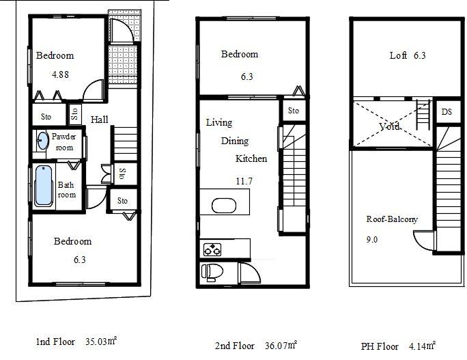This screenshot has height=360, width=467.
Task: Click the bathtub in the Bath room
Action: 43,185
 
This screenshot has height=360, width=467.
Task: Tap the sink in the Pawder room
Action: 42,142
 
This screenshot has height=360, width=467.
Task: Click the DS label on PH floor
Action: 447,112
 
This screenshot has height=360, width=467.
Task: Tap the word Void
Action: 389,127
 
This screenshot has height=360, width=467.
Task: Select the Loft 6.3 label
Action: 408,56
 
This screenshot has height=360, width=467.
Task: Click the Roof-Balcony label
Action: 391,219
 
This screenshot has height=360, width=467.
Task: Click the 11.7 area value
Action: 242,181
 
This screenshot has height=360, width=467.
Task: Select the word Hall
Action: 100,120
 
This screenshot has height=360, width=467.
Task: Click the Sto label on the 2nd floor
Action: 293,111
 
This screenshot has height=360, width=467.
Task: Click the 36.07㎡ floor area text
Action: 281,345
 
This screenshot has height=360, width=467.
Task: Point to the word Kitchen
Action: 251,158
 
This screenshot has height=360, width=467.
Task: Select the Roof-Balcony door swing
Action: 423,240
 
